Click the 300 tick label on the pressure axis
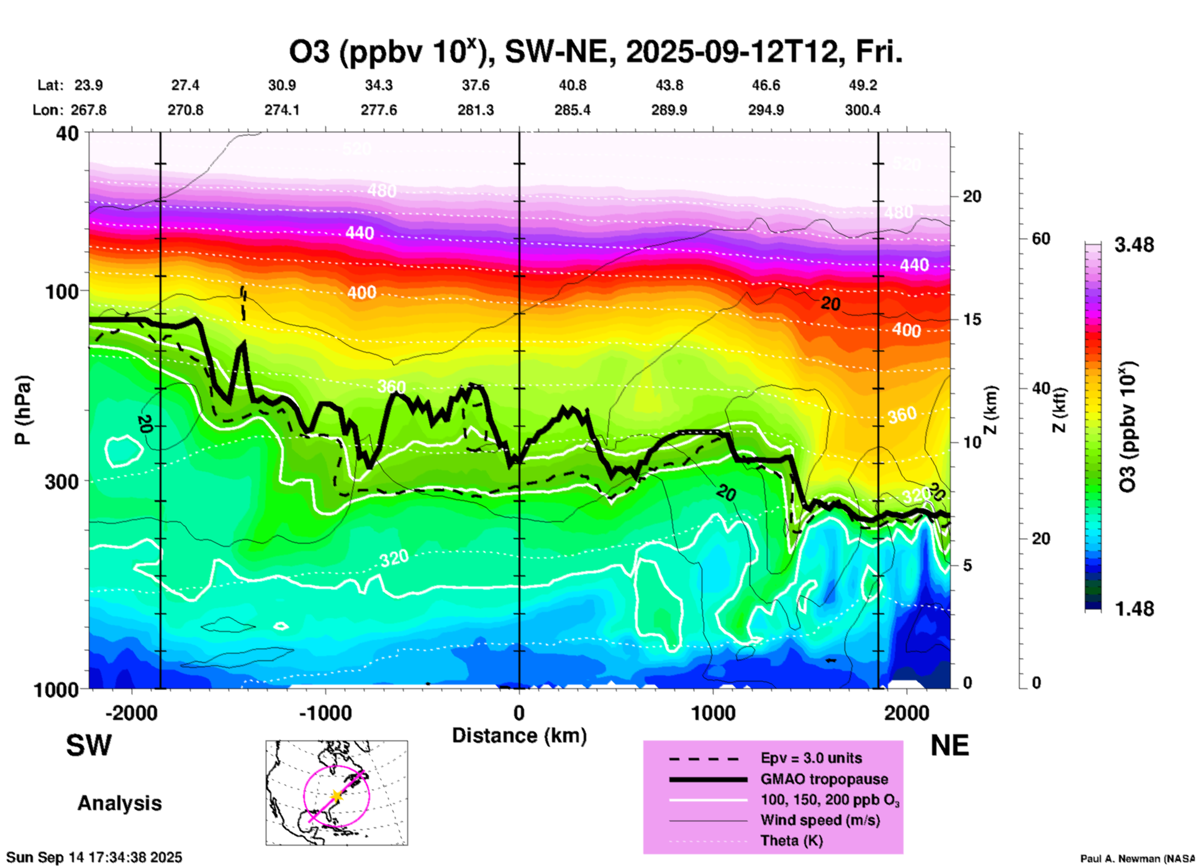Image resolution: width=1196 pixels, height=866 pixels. pos(61,482)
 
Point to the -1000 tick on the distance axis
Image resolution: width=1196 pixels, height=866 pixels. pos(325,713)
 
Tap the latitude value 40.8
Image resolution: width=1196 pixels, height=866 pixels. pos(572,85)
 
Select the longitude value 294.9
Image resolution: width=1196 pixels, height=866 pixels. pos(766,110)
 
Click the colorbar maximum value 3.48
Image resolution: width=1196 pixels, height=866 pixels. pos(1134,245)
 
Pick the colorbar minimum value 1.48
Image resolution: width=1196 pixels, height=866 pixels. pos(1134,609)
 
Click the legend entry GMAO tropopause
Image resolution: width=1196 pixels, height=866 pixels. pos(824,779)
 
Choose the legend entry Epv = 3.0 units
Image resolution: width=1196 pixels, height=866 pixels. pos(811,758)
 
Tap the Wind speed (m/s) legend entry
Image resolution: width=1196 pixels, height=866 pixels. pos(820,820)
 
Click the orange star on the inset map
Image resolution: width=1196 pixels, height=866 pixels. pos(336,796)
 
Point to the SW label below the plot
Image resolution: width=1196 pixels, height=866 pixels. pos(89,745)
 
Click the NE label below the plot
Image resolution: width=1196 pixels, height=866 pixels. pos(949,745)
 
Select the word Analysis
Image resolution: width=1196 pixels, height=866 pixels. pos(119,803)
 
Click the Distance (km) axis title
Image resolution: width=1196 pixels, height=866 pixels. pos(519,736)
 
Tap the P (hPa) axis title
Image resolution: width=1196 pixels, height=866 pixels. pos(24,410)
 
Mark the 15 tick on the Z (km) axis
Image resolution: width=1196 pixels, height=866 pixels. pos(972,319)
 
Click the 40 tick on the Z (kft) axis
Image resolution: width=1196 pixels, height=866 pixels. pos(1040,388)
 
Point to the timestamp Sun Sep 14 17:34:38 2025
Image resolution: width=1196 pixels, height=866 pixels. pos(94,857)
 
